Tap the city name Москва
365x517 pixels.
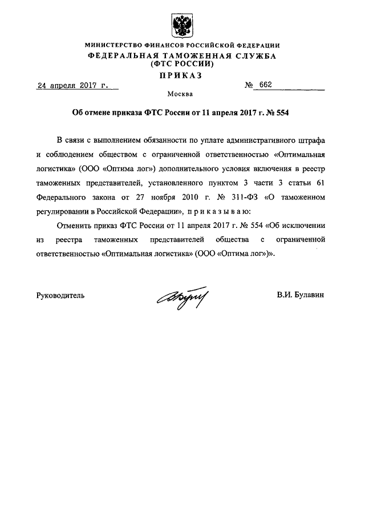(181, 94)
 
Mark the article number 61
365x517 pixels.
(321, 183)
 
